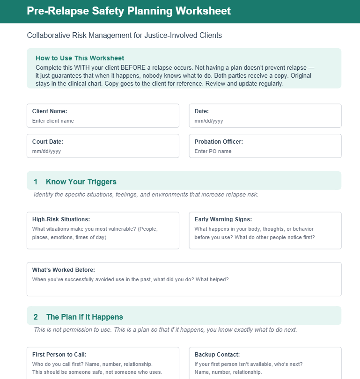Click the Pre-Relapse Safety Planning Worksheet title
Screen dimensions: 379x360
(x=129, y=11)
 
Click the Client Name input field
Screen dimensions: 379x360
(x=103, y=121)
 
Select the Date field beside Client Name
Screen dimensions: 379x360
(x=265, y=121)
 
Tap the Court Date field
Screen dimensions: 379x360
(x=103, y=151)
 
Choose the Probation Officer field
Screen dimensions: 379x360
(x=265, y=151)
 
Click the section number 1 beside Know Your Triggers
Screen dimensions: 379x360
(x=36, y=182)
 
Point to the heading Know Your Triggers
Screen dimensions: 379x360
(x=81, y=182)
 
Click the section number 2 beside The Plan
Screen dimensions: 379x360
(x=36, y=317)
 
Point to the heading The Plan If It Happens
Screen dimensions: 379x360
(x=85, y=317)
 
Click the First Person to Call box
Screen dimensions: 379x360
(x=103, y=365)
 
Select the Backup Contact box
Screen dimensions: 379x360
(x=265, y=365)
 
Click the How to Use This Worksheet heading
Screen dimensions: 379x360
(x=80, y=58)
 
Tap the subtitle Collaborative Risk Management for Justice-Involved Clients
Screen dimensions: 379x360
(x=124, y=35)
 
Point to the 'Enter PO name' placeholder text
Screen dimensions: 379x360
(x=213, y=151)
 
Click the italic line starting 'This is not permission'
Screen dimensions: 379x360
(x=165, y=329)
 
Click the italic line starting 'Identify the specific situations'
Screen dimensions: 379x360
(x=146, y=194)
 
